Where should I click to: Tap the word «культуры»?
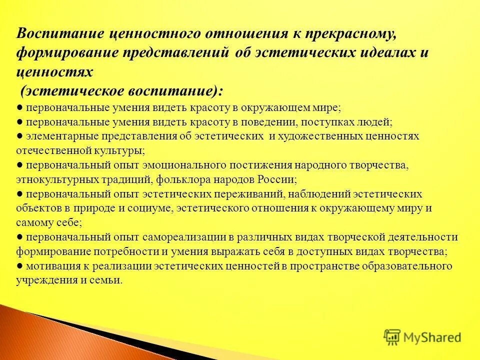click(121, 150)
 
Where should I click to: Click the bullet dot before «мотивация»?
click(18, 265)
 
